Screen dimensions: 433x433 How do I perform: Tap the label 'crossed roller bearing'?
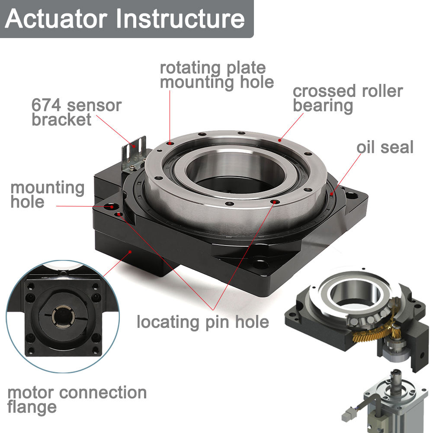(347, 98)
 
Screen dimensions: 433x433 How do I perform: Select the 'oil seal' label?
(385, 147)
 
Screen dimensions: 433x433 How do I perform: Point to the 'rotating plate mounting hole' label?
(217, 75)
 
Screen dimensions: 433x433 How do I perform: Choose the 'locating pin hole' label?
(202, 322)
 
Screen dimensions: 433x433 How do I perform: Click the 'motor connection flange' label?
(77, 399)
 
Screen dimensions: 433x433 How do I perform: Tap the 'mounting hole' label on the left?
(47, 195)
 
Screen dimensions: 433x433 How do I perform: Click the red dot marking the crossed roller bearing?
(280, 140)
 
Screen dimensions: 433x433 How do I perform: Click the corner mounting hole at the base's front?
(261, 263)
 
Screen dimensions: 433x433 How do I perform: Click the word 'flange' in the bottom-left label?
(32, 407)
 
